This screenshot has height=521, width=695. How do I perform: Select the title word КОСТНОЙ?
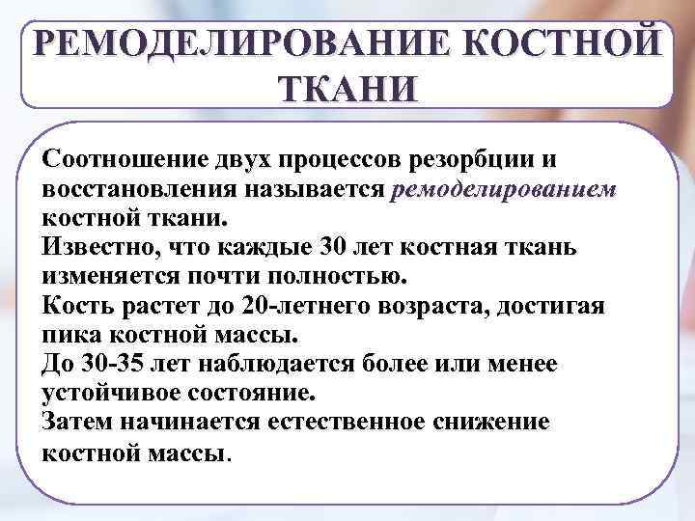pos(564,44)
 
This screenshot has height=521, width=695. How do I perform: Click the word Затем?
pos(76,422)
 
